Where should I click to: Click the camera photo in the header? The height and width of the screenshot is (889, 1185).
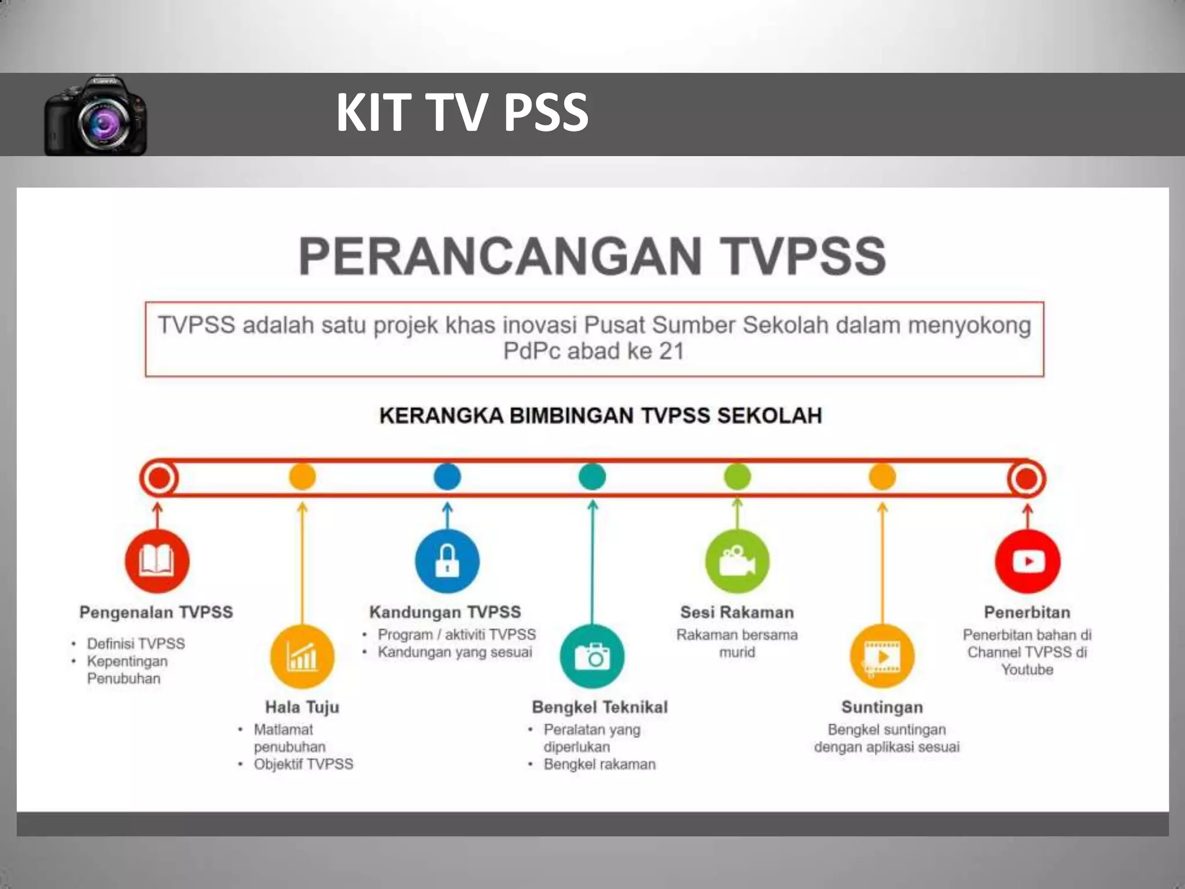[95, 116]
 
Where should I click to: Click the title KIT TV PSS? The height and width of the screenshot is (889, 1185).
[462, 112]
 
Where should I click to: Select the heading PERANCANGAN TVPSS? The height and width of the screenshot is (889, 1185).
[592, 256]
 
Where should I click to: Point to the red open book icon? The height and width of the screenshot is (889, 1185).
[157, 560]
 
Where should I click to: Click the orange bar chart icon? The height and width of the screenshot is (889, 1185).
[302, 656]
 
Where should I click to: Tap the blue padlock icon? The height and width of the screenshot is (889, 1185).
[447, 560]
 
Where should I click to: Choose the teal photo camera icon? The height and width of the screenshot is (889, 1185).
[592, 656]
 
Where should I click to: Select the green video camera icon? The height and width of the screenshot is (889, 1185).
[737, 560]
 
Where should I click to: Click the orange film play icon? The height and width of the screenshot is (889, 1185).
[882, 656]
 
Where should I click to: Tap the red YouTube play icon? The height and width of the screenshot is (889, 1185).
[1027, 560]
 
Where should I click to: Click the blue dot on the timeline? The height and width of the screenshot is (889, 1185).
[447, 477]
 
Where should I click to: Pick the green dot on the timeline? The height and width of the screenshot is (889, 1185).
[737, 477]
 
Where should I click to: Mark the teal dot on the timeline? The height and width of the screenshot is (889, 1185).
[592, 477]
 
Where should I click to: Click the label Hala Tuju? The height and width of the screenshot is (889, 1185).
[302, 707]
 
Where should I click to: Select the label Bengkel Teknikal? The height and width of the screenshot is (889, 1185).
[599, 707]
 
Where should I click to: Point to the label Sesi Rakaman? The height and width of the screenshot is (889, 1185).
[737, 612]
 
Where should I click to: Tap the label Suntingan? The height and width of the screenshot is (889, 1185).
[882, 707]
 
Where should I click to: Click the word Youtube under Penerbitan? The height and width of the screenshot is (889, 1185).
[1027, 670]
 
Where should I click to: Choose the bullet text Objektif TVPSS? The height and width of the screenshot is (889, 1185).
[303, 764]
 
